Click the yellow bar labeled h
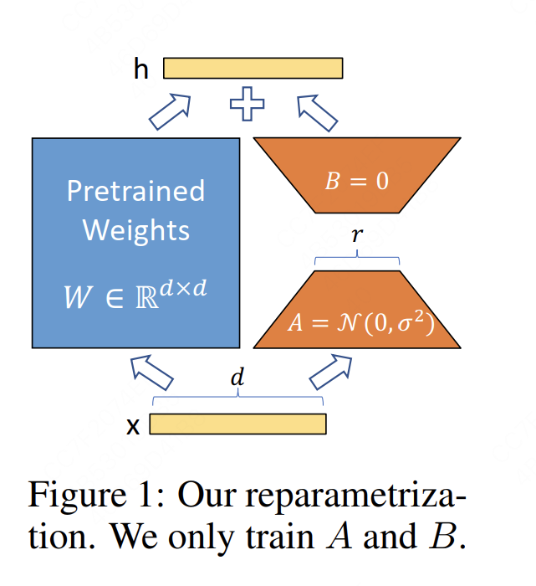(253, 68)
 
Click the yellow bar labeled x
(237, 424)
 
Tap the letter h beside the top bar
(141, 69)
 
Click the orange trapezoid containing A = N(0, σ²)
(357, 314)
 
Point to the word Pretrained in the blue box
(135, 191)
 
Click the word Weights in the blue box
(135, 229)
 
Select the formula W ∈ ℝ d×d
(135, 293)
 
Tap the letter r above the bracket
(357, 235)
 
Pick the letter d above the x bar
(237, 378)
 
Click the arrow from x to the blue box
(151, 372)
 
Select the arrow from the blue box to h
(170, 110)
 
